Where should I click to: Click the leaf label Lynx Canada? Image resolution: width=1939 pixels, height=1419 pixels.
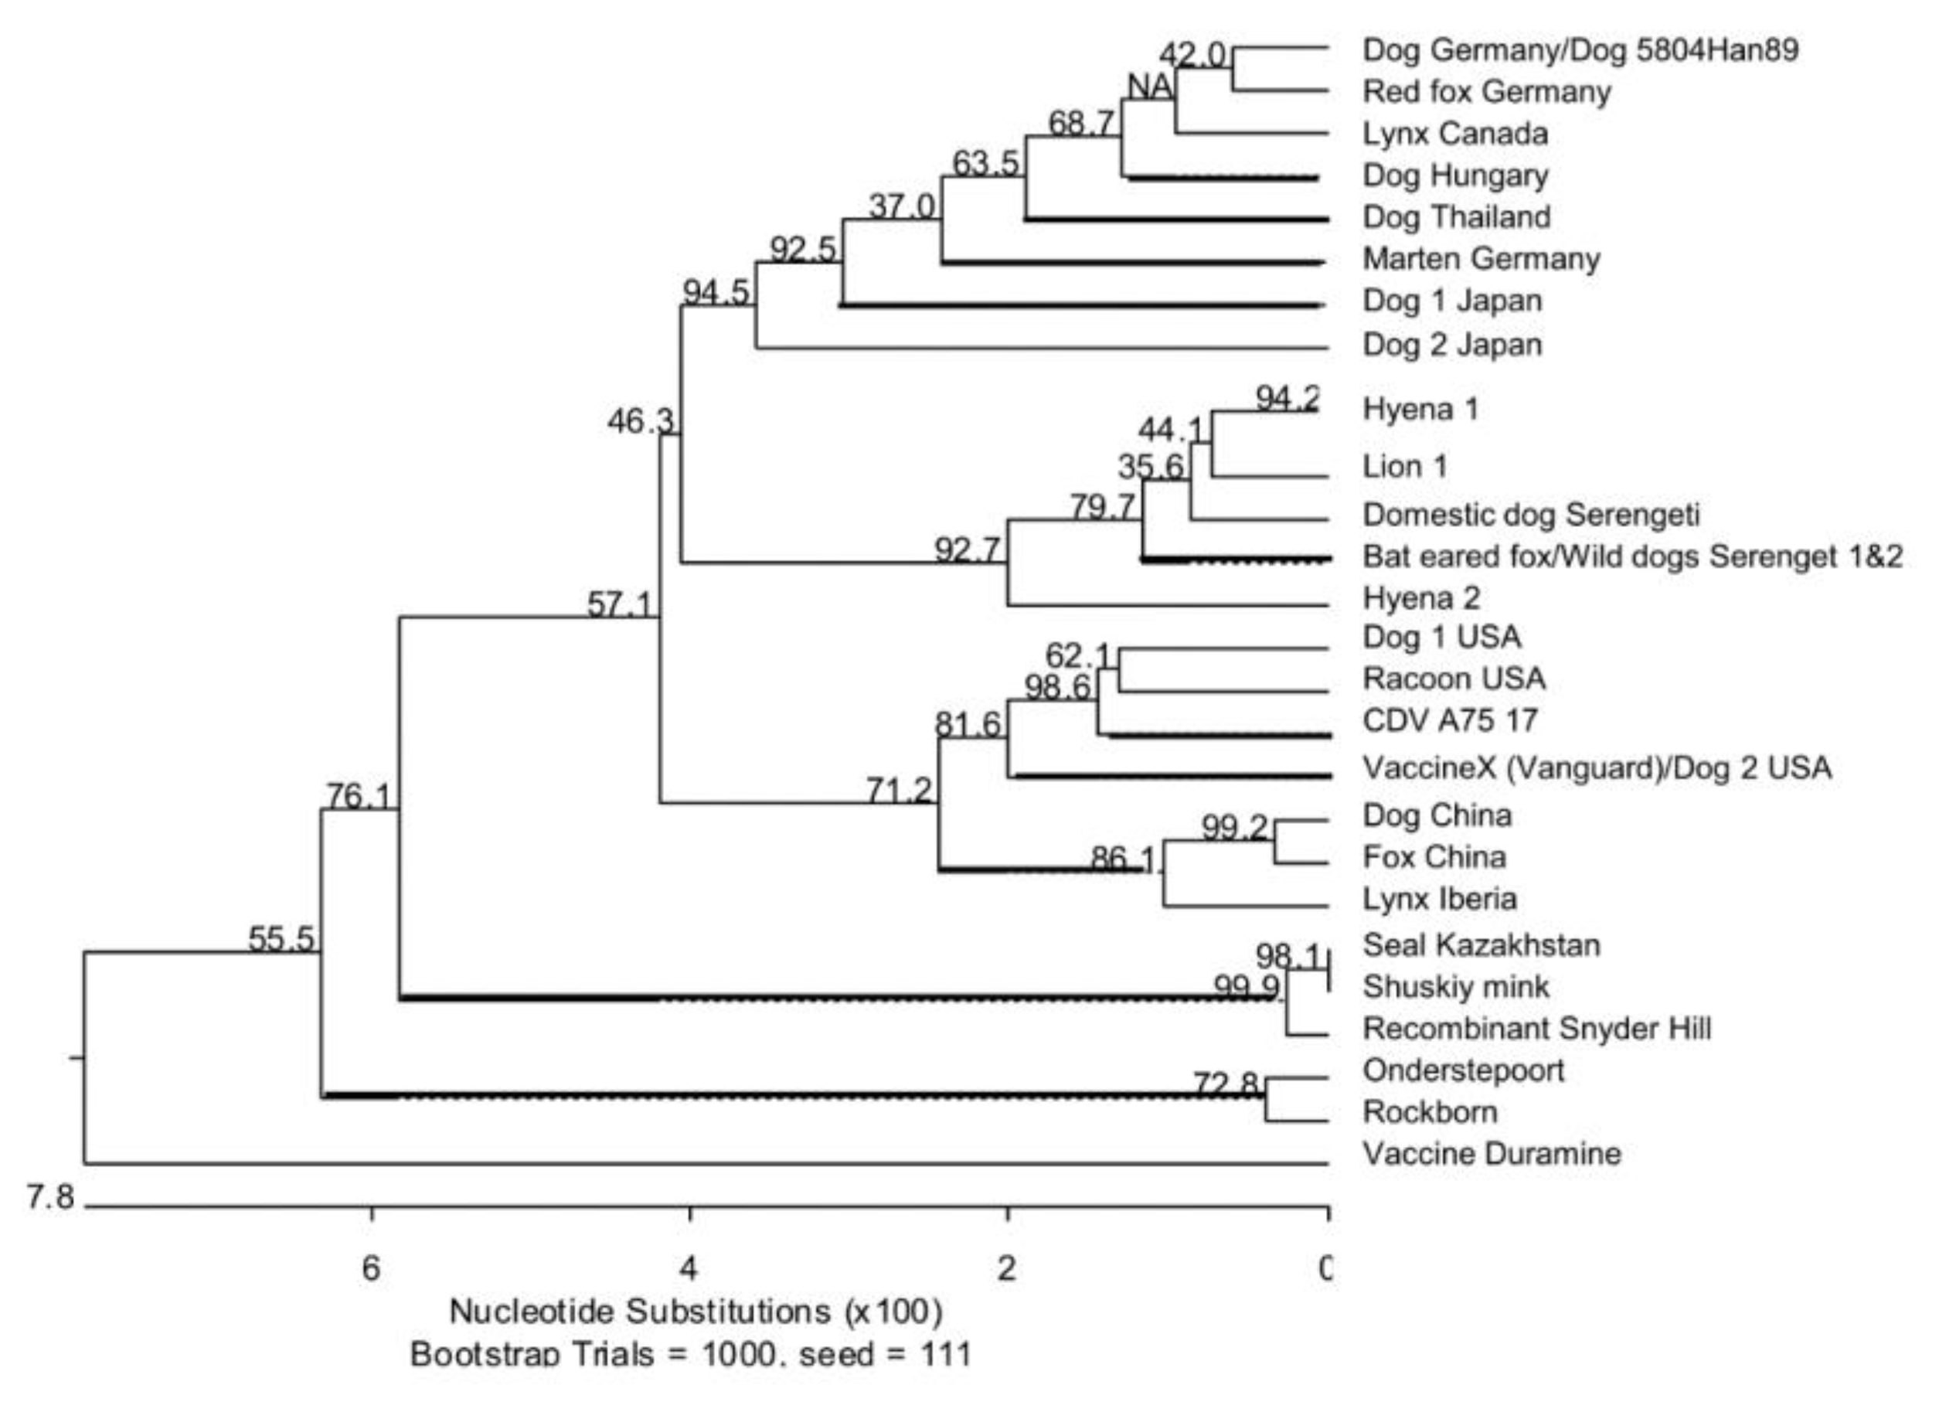(1454, 134)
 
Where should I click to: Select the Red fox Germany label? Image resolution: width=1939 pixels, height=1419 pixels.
(1485, 92)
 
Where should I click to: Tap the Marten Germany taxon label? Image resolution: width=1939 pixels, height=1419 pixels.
(1481, 259)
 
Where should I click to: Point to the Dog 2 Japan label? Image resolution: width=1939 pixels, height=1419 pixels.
(1451, 345)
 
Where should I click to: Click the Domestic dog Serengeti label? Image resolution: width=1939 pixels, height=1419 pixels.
(1530, 515)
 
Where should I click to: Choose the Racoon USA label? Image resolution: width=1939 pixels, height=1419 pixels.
(1453, 679)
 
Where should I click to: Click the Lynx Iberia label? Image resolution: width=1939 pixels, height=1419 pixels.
(1439, 899)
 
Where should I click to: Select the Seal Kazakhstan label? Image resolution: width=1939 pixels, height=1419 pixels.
(1481, 945)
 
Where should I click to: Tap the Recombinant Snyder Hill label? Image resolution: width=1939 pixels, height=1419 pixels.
(1536, 1028)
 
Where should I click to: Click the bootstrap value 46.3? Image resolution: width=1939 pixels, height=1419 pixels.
(641, 421)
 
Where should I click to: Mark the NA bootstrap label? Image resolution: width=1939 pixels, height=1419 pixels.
(1149, 86)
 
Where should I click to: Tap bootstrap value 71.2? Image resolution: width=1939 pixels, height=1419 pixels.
(898, 790)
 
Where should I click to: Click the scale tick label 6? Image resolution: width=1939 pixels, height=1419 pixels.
(370, 1268)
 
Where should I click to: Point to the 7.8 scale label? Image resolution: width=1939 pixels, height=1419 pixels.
(49, 1196)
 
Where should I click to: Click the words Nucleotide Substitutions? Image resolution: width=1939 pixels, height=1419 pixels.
(640, 1312)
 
